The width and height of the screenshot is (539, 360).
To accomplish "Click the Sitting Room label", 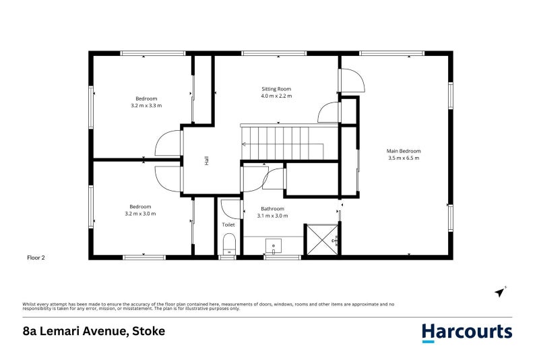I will click(x=276, y=88).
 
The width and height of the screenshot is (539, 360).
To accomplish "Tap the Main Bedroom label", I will click(x=404, y=150).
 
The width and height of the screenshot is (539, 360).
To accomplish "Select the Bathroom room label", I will click(x=273, y=208).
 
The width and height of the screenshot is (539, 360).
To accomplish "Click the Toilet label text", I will click(x=228, y=224).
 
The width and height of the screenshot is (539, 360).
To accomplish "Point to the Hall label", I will click(x=207, y=160).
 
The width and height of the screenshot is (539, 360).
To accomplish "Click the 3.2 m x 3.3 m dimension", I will click(x=146, y=106).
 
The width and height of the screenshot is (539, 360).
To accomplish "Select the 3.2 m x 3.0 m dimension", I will click(x=140, y=214).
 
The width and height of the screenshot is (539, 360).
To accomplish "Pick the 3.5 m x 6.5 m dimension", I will click(x=404, y=158).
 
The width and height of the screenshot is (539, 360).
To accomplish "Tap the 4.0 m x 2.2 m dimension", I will click(x=276, y=96).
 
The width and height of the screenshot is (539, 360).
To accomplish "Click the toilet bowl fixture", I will click(x=228, y=243).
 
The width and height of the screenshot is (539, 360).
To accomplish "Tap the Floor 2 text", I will click(x=36, y=257).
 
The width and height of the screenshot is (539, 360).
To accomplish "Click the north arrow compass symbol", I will click(x=500, y=291).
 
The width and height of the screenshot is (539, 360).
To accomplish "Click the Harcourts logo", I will click(x=466, y=332).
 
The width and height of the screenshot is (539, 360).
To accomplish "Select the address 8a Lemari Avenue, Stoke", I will click(x=94, y=331).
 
